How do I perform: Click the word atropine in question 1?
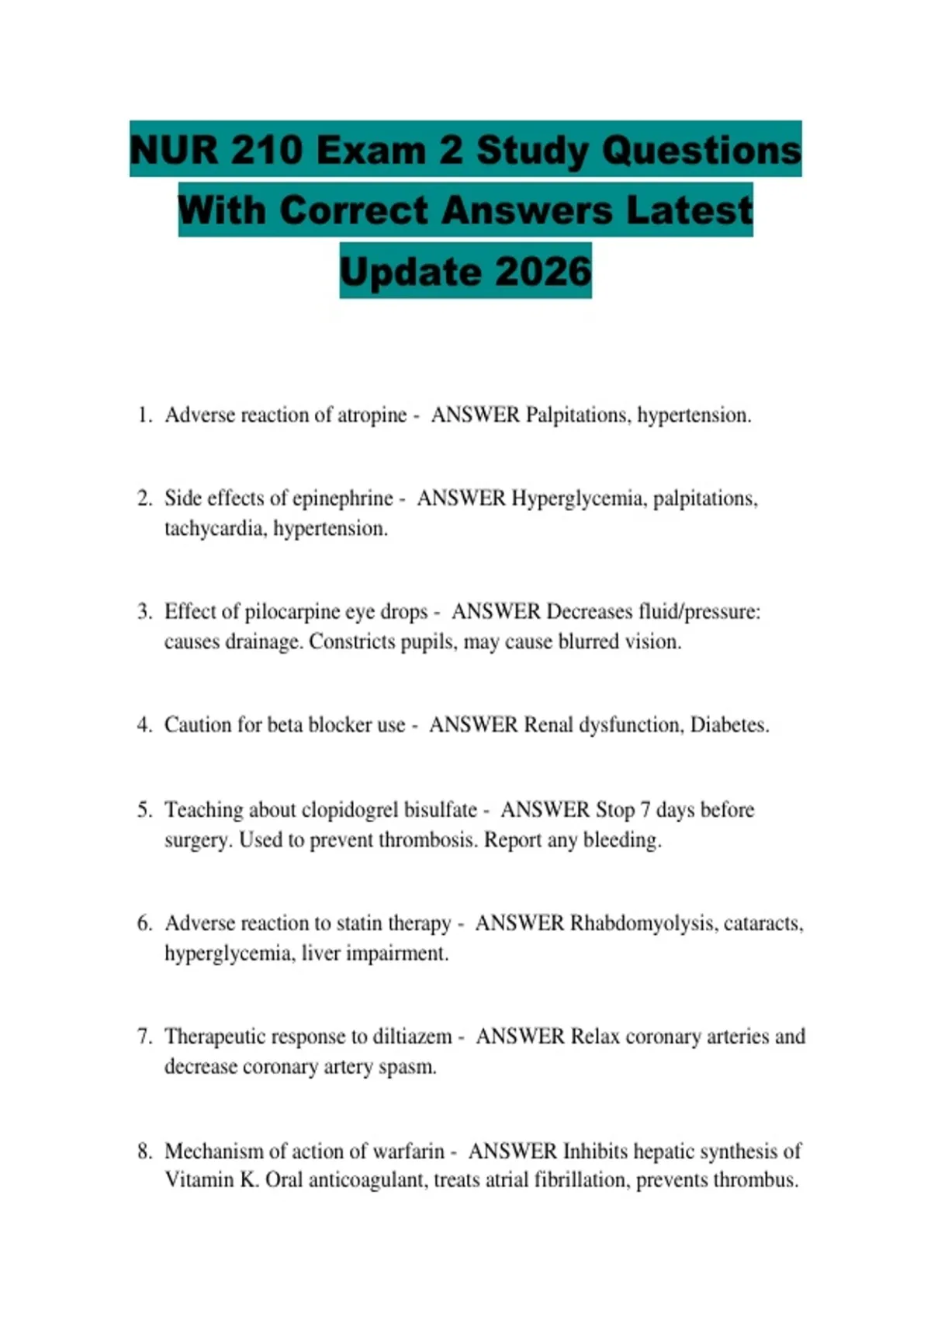tap(372, 415)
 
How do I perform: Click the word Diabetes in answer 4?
tap(729, 725)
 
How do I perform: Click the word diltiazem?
tap(412, 1037)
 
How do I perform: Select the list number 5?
tap(144, 810)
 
